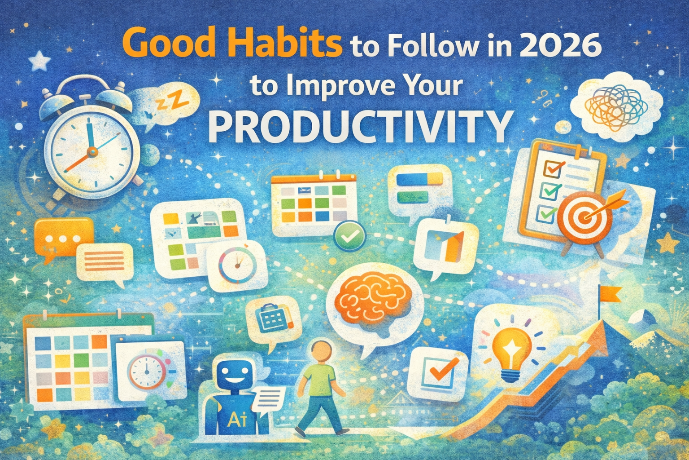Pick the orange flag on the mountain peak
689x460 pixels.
point(611,294)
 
